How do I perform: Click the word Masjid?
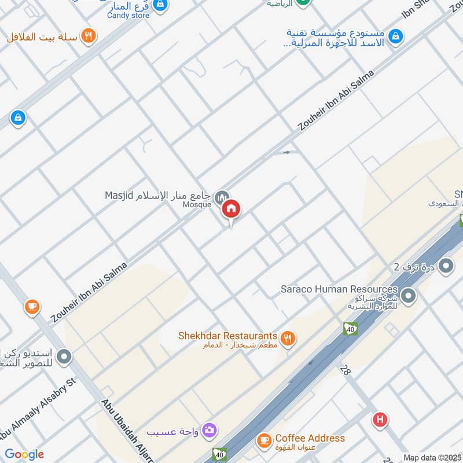pos(119,195)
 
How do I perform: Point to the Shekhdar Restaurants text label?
pos(228,336)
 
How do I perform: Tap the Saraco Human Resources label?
pos(339,289)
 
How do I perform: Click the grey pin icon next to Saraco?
pos(409,296)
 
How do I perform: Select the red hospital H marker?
pos(380,420)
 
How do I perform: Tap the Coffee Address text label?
pos(310,438)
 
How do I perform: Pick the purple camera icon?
pos(210,429)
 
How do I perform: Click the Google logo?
pos(24,454)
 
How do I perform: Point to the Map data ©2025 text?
pos(431,457)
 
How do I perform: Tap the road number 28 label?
pos(347,370)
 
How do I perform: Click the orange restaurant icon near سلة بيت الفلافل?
pos(88,36)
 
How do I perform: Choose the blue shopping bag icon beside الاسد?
pos(395,36)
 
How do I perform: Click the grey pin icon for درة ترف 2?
pos(446,267)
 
